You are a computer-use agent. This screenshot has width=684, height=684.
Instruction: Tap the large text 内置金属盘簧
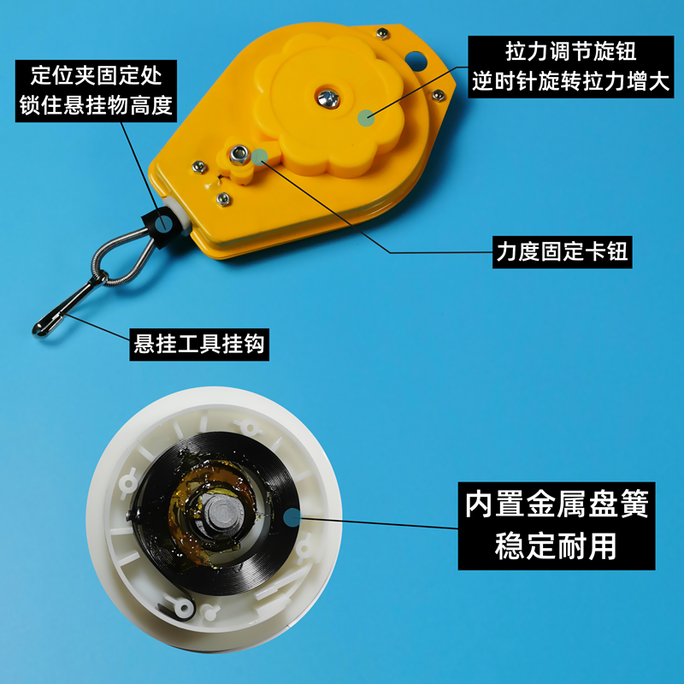(x=556, y=504)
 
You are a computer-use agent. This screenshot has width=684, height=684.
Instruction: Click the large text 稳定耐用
(x=556, y=545)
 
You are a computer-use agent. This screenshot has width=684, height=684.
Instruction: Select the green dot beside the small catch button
(x=261, y=156)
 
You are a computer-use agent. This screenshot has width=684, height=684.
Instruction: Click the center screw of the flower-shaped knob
(x=327, y=95)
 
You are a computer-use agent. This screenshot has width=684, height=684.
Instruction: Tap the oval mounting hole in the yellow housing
(x=416, y=61)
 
